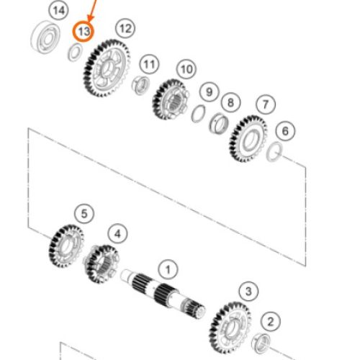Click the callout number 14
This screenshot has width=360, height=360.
pos(59,11)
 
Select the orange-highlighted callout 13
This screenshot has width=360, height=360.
pos(84,32)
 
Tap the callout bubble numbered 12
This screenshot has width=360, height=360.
pos(125,29)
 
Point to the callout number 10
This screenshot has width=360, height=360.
pos(186,69)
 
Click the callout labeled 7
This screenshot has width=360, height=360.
pos(266,104)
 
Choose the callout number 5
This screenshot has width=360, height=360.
pos(84,214)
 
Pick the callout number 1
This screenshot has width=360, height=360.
pos(168,269)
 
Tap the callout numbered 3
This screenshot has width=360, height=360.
pos(248,292)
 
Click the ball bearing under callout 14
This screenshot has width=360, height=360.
pos(45,37)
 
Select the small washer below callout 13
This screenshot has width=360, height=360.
pos(75,53)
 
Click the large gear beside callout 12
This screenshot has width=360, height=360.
pos(107,68)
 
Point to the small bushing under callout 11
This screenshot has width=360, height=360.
pos(140,85)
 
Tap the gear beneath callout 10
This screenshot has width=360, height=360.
pos(171,99)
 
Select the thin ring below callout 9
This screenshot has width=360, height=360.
pos(199,114)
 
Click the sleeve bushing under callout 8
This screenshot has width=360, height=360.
pos(218,124)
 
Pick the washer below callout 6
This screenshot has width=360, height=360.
pos(274,152)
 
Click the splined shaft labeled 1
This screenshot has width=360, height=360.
pos(163,294)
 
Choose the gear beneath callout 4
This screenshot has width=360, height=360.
pos(102,264)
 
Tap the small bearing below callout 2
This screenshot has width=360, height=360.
pos(261,343)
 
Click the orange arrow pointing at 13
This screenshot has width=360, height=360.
pos(92,11)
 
